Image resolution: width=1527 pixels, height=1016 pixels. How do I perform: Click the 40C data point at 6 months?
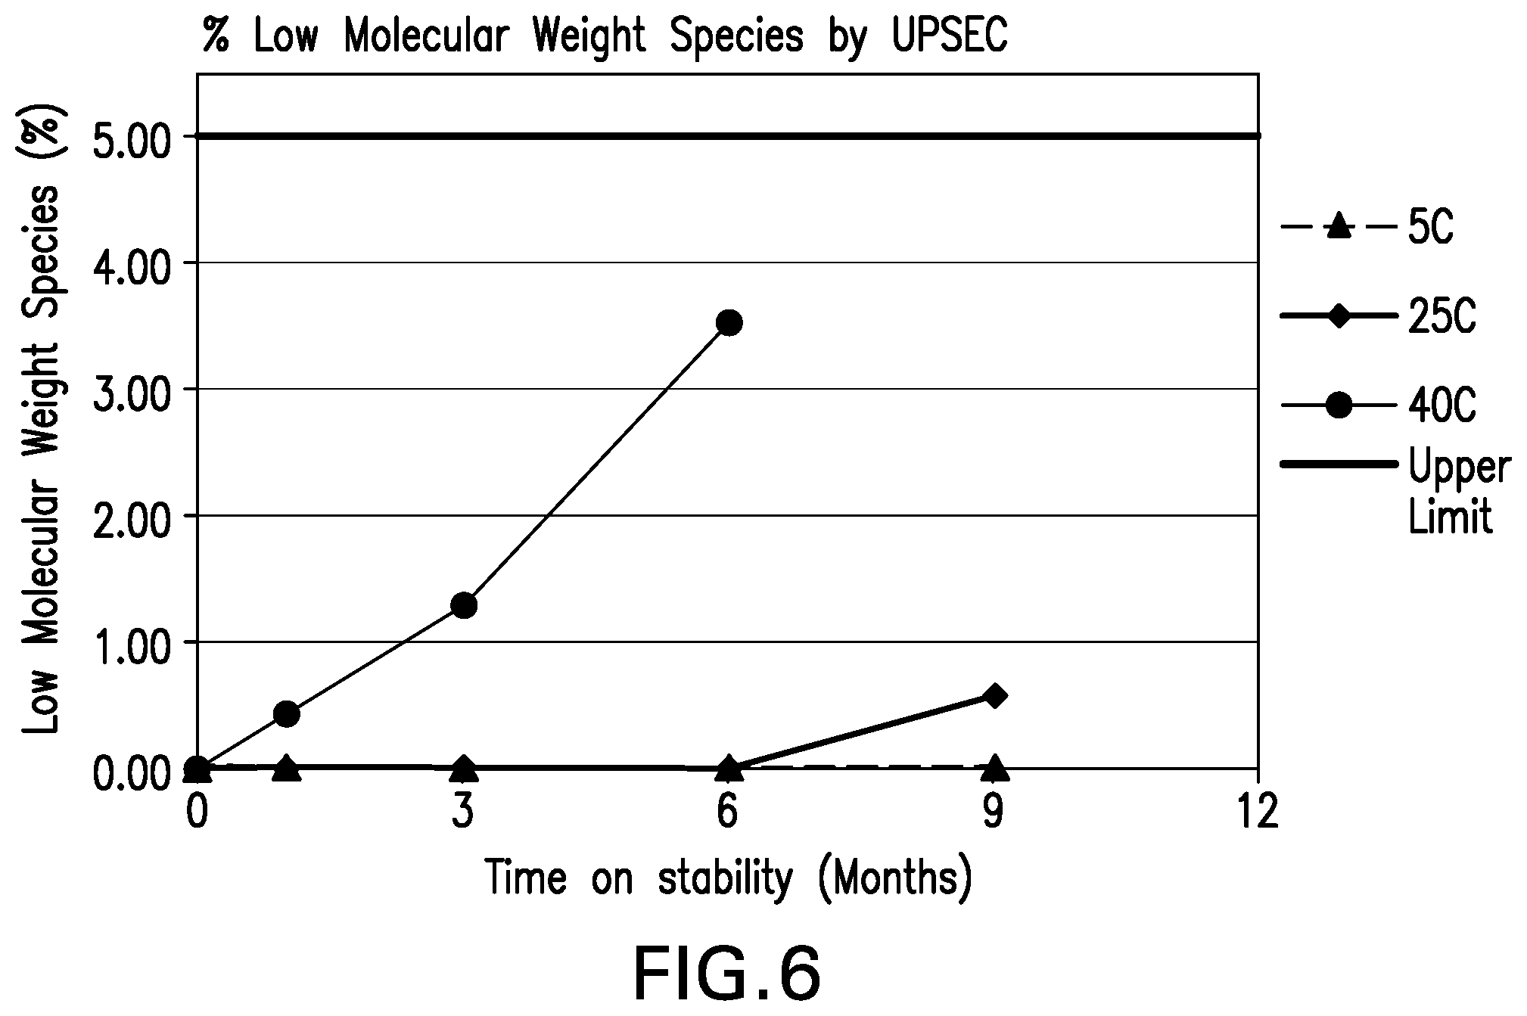[x=728, y=323]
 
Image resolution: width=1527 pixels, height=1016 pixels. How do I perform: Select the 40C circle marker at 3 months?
[x=463, y=605]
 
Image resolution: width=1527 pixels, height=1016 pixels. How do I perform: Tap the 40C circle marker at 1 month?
[x=286, y=713]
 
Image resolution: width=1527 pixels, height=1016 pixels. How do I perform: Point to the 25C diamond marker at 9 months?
[x=994, y=696]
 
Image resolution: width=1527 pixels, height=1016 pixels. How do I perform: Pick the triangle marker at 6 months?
[x=728, y=767]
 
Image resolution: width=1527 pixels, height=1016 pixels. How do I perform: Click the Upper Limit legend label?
[x=1457, y=492]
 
